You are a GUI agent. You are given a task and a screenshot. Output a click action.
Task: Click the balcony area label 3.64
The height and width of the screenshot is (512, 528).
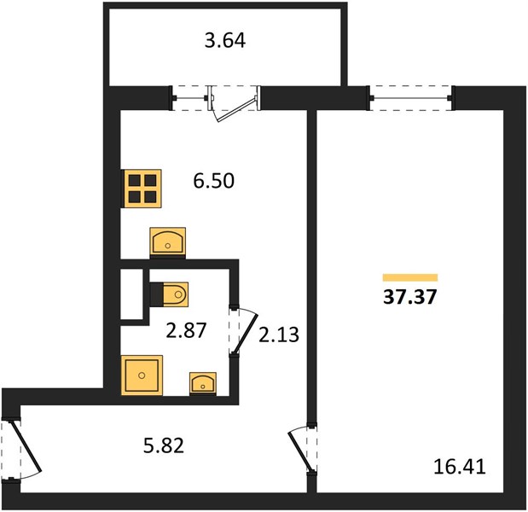225,40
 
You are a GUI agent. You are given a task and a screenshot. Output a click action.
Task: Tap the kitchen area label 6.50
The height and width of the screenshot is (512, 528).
214,181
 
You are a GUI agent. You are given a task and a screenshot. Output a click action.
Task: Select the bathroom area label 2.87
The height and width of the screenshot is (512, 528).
186,330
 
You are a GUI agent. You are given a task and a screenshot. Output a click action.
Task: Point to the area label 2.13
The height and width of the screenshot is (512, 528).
279,335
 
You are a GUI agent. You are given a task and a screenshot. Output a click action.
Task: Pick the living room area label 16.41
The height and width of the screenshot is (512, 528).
460,467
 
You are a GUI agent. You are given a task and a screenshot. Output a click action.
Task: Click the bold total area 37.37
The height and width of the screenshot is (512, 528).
409,297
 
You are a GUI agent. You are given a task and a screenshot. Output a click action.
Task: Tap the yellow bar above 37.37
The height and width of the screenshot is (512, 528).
410,277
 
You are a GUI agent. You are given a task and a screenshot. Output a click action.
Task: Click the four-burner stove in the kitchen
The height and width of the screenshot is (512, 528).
142,189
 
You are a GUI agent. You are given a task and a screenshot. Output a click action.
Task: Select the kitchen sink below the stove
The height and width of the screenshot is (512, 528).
168,241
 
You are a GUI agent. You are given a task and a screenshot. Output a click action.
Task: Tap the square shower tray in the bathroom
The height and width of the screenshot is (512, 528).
142,375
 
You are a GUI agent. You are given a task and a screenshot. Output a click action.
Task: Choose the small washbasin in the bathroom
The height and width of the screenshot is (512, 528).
203,383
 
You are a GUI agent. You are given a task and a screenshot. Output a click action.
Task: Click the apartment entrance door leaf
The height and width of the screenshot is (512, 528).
27,445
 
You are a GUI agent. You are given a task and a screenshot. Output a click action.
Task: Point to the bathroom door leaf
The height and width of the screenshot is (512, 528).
246,335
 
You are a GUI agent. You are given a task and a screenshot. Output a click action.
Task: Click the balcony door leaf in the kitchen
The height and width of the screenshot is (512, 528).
236,110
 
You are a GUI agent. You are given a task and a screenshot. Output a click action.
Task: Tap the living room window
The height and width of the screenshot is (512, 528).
411,98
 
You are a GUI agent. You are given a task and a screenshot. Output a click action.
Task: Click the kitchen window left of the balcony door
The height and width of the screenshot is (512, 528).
190,98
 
